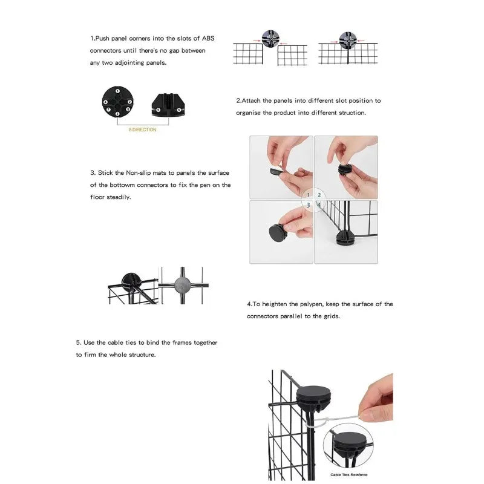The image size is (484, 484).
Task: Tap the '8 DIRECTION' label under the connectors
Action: point(142,129)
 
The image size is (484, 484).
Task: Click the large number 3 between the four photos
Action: point(308,206)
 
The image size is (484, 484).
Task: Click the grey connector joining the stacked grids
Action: point(181,283)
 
